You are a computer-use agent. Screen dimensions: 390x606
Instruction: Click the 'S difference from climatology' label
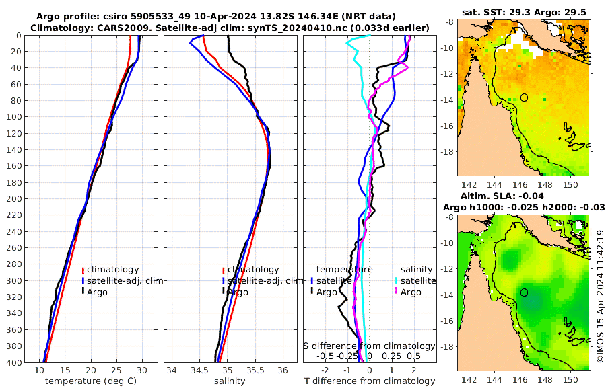[x=369, y=346]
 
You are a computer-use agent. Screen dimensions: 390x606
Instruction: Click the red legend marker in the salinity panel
[x=223, y=269]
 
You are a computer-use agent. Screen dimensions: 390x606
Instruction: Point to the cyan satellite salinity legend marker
[x=397, y=280]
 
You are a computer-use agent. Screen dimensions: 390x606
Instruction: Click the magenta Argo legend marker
[x=397, y=292]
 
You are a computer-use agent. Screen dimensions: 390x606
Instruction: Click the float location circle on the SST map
[x=524, y=97]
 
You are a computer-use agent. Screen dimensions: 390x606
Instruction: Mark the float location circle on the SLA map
[x=524, y=292]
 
